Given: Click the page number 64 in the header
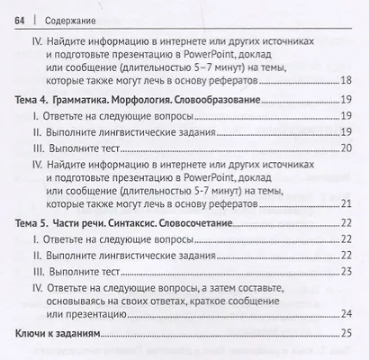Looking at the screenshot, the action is (16, 14).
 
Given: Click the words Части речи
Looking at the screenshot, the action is (94, 221).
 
